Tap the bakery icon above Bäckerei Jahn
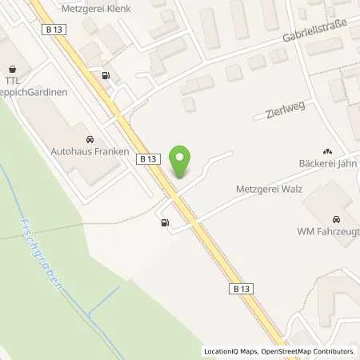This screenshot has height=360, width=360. pos(326,150)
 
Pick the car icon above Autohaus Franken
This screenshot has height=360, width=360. pos(89,137)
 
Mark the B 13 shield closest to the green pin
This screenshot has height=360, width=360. pos(148,159)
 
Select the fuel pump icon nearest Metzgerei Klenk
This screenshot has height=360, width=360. pos(105,76)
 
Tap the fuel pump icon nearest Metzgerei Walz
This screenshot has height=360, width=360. pos(165,223)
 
